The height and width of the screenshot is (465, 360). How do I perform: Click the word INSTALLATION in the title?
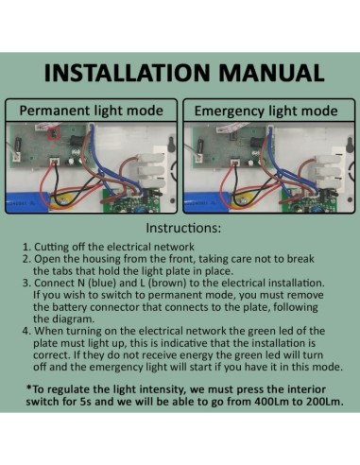click(127, 73)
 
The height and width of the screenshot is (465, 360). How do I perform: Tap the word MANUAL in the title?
click(271, 73)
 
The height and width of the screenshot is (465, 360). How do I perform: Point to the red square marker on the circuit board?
click(54, 134)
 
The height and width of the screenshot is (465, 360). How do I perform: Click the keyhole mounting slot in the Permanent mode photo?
click(172, 144)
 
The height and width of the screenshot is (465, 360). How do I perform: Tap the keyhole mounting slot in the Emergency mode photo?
click(350, 144)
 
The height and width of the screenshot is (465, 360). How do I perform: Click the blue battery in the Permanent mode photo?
click(27, 201)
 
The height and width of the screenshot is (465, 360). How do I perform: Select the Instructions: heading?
click(183, 228)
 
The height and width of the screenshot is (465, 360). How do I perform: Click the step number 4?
click(26, 331)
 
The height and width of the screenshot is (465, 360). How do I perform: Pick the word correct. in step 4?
click(51, 355)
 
